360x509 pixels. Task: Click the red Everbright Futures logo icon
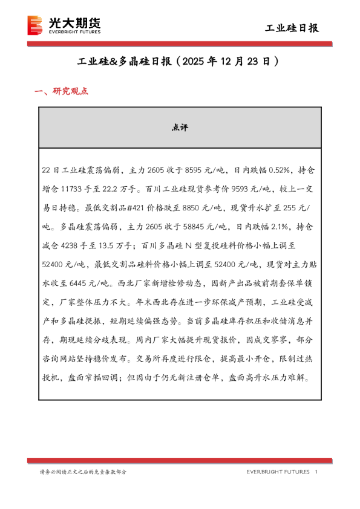(36, 25)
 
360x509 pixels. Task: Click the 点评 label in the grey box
(180, 128)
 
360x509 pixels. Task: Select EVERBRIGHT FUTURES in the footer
(278, 472)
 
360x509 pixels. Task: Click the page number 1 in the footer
(317, 472)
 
